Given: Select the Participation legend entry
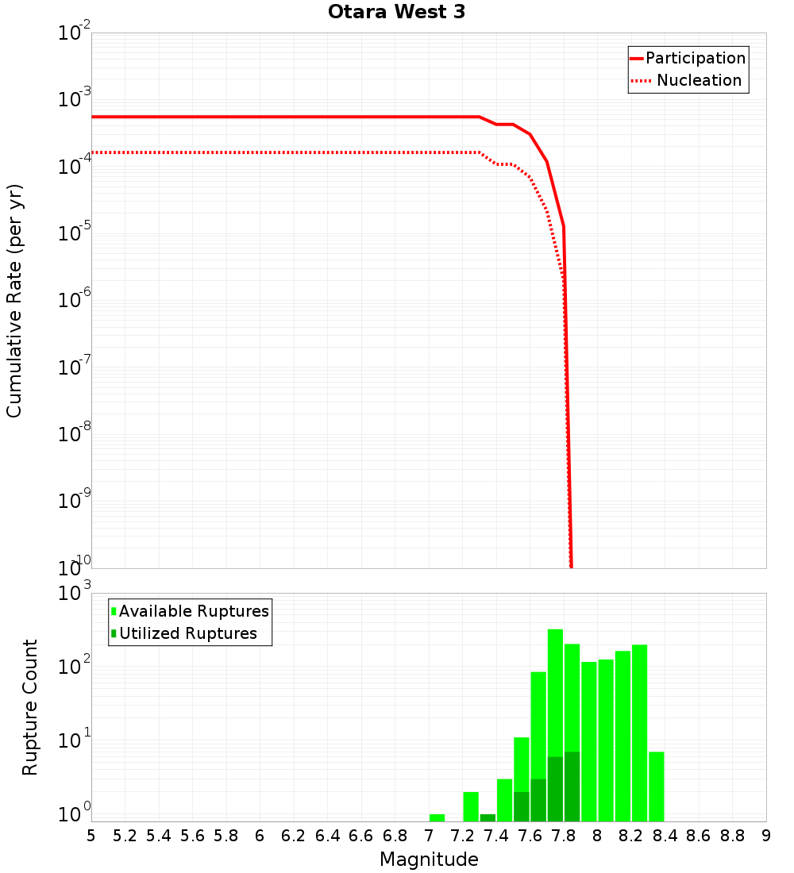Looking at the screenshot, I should [x=695, y=58].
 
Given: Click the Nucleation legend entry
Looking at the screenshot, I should [x=698, y=80].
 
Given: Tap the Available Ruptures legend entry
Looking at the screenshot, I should [x=193, y=611].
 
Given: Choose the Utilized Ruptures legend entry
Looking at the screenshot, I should [x=187, y=633].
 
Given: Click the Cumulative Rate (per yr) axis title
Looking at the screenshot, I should [x=14, y=301].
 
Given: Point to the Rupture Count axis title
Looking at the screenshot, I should [x=30, y=707].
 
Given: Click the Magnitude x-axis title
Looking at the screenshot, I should [x=429, y=860].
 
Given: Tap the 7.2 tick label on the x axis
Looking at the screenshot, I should [x=462, y=836].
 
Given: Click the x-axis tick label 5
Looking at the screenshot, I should [x=91, y=836].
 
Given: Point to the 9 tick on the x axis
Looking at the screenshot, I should [x=765, y=836].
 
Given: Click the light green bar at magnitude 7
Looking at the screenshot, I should [x=437, y=817].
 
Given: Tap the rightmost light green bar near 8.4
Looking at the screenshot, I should [x=656, y=786].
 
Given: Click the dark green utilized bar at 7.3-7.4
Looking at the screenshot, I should [x=488, y=817].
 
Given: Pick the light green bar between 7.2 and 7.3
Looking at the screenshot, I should [x=471, y=806].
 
